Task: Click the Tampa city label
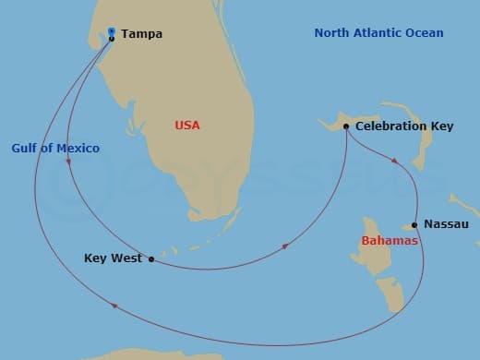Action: coord(141,34)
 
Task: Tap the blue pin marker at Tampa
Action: coord(111,32)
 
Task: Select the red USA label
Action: coord(187,125)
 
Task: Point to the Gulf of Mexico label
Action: coord(55,148)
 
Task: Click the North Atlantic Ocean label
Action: coord(378,33)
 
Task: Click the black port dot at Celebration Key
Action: coord(345,126)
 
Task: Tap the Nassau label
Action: coord(447,224)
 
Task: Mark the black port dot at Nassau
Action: coord(414,224)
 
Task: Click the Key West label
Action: coord(114,258)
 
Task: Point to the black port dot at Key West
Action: coord(151,259)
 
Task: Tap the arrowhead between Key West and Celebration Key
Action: coord(286,246)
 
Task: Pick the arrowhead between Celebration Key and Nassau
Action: coord(396,161)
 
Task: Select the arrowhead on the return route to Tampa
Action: coord(114,306)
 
